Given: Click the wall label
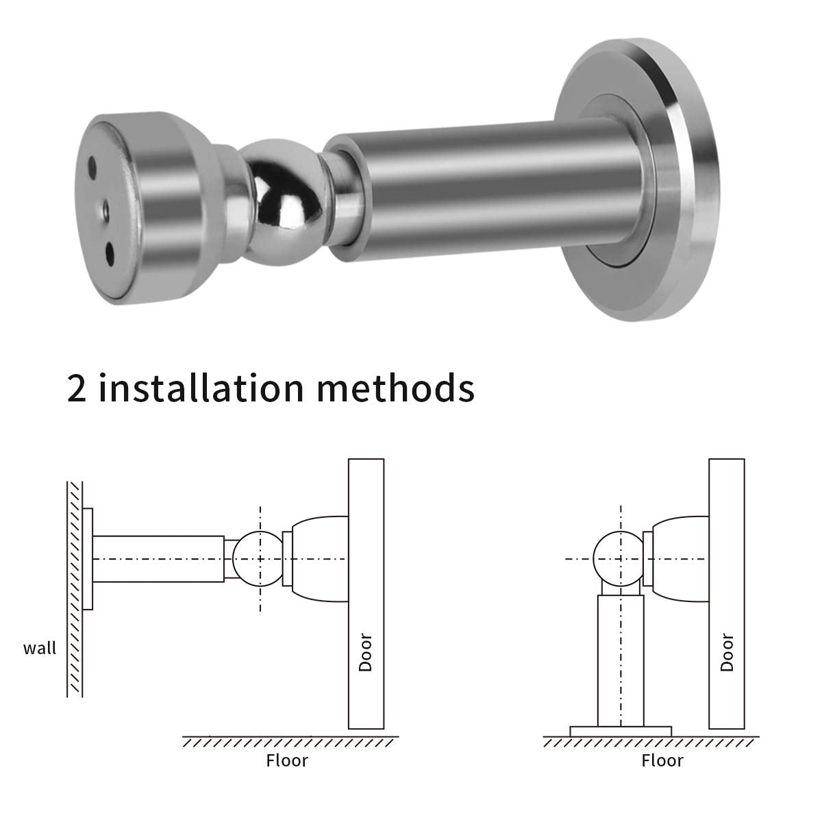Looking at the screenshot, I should coord(40,648).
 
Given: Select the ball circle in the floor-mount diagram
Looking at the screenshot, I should coord(620,558).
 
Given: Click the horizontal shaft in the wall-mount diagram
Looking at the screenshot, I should coord(158,559).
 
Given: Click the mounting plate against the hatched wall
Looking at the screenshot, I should coord(88,559).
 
